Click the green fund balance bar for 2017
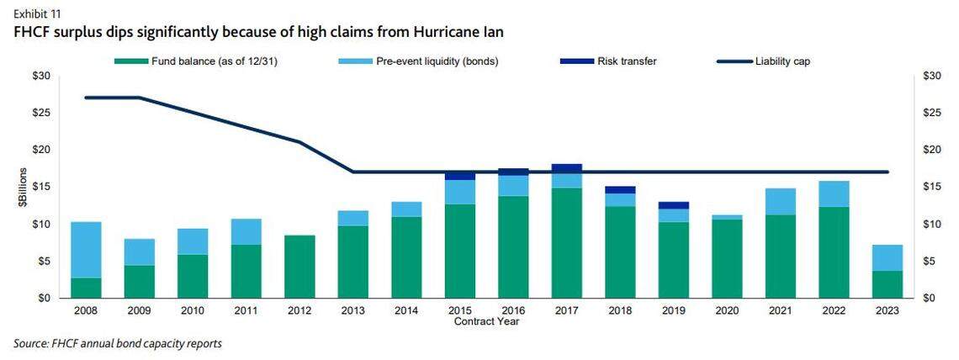(567, 242)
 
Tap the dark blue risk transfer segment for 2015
(460, 175)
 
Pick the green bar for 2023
(887, 284)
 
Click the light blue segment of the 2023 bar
(887, 257)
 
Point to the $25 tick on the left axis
(40, 114)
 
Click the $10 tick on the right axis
(930, 225)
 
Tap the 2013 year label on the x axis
(352, 310)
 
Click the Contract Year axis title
(486, 321)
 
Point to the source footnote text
(118, 344)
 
